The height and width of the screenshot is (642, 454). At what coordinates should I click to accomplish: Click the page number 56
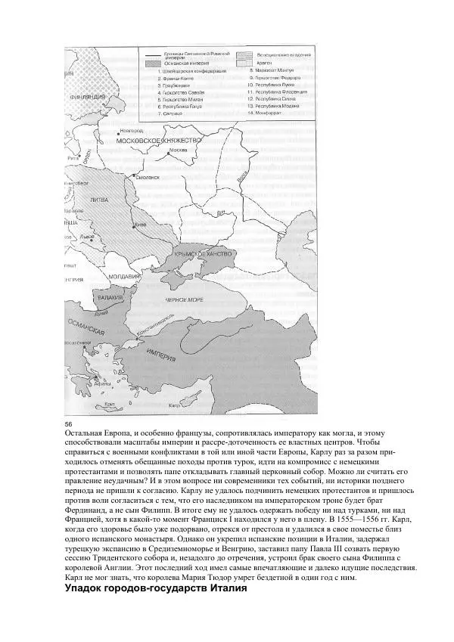[69, 422]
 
